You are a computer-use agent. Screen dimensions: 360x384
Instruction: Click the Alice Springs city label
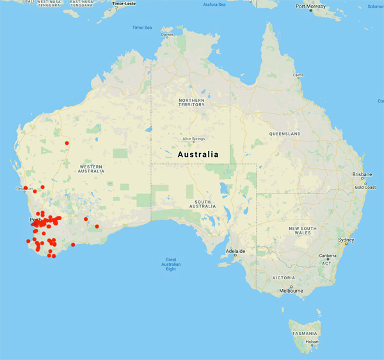coord(193,139)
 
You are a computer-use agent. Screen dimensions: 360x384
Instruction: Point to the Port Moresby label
coord(310,6)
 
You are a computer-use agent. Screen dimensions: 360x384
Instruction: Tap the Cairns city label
coord(298,75)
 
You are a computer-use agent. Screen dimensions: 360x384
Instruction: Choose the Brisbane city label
coord(364,174)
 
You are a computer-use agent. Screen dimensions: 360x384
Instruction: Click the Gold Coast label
coord(365,187)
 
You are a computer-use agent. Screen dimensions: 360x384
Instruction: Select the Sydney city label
coord(346,240)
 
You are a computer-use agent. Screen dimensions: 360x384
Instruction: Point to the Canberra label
coord(328,256)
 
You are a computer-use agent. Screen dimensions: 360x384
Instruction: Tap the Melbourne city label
coord(291,291)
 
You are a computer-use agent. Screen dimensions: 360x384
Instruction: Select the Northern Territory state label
coord(191,104)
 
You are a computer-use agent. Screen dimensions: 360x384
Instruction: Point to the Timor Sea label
coord(142,28)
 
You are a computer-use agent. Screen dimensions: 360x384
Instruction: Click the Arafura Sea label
coord(214,4)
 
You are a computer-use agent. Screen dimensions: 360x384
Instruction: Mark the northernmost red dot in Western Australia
coord(67,142)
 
